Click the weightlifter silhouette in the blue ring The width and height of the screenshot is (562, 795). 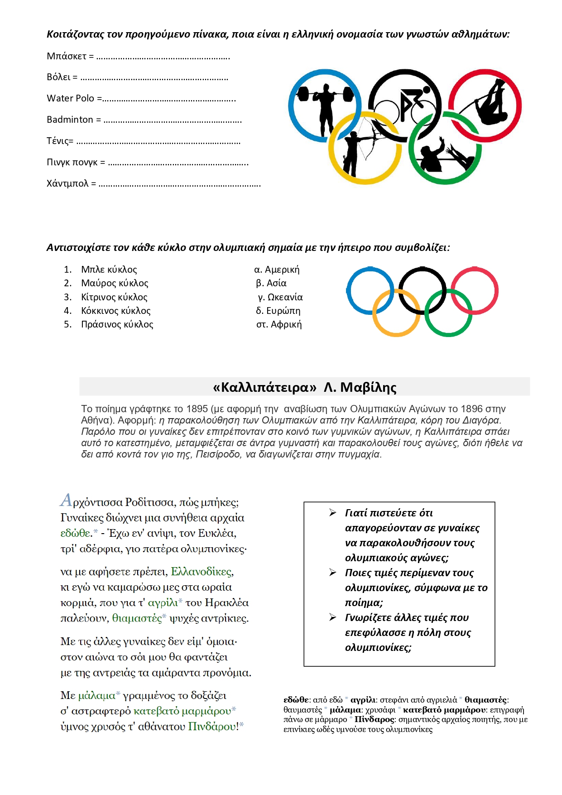point(325,105)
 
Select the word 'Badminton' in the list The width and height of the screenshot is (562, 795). point(70,120)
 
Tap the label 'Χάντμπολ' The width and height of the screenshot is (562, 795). point(67,183)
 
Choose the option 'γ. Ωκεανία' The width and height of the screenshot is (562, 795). point(280,297)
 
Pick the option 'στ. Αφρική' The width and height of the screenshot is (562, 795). point(279,324)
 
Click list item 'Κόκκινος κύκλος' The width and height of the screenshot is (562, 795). point(115,311)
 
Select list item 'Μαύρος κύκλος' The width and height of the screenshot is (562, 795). point(115,283)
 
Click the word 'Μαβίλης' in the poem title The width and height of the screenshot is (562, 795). point(368,387)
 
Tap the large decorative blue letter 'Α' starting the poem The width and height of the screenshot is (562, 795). point(66,500)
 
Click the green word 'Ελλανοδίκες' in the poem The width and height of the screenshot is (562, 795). point(202,572)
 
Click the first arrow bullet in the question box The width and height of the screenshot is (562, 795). point(333,513)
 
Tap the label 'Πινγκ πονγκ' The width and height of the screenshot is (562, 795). point(72,162)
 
